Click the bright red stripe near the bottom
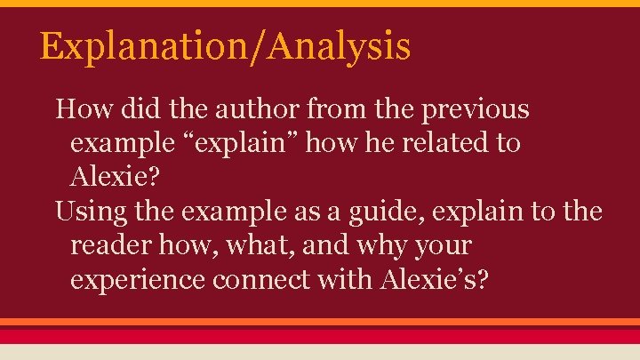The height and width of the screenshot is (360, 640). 320,335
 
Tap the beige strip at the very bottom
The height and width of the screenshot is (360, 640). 320,352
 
